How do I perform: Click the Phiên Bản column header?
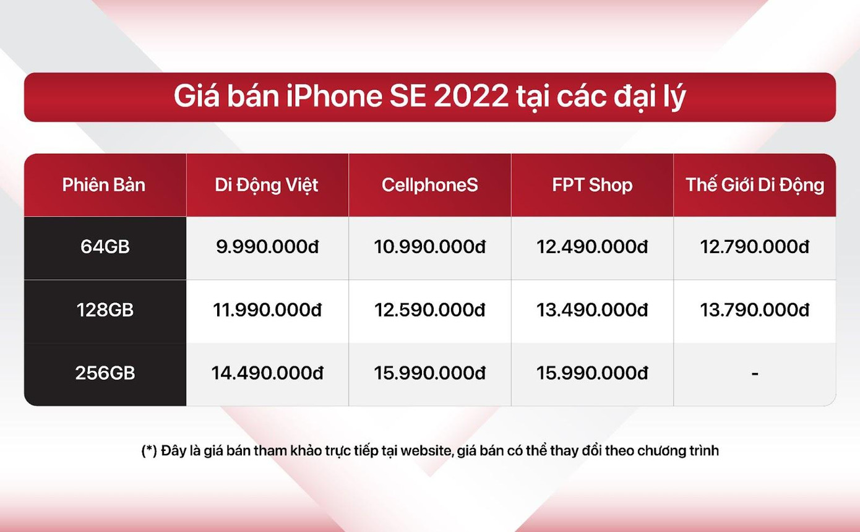[x=104, y=185]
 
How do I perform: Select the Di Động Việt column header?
[x=267, y=185]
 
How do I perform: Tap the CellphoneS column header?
[x=429, y=185]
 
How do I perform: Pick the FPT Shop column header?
[x=592, y=185]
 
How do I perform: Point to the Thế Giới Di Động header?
[x=755, y=185]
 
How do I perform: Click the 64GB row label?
[x=105, y=247]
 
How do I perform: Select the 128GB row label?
[x=105, y=310]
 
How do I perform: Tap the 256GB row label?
[x=105, y=374]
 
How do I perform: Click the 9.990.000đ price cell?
[x=267, y=247]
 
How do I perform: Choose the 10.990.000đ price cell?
[x=429, y=247]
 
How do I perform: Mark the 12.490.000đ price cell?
[x=592, y=247]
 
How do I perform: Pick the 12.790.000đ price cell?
[x=755, y=247]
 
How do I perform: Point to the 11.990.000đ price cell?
[x=267, y=310]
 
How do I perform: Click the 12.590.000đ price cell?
[x=429, y=310]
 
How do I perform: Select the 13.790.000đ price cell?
[x=755, y=310]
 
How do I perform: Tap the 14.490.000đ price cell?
[x=267, y=374]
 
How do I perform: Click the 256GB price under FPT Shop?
[x=592, y=374]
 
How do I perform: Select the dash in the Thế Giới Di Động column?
[x=755, y=374]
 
